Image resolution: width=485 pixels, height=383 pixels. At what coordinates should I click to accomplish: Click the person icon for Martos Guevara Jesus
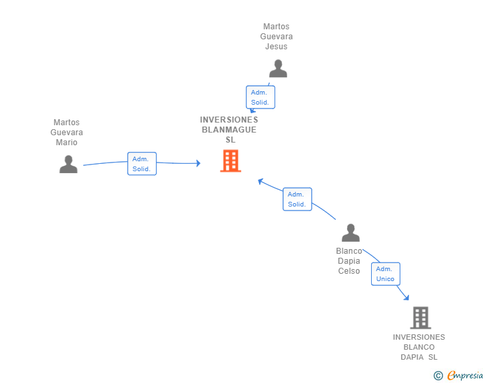coord(278,69)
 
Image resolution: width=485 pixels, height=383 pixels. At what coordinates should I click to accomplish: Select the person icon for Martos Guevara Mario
coord(69,164)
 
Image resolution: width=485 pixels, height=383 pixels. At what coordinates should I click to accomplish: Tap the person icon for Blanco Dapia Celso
coord(350,232)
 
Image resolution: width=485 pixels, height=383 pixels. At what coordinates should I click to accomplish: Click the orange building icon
coord(231,161)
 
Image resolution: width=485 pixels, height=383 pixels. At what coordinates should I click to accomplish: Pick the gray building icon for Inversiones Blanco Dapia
coord(420,318)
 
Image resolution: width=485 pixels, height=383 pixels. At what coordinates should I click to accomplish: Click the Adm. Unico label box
coord(385,274)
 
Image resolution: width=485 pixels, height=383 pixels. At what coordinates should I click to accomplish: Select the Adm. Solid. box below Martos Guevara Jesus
coord(260,97)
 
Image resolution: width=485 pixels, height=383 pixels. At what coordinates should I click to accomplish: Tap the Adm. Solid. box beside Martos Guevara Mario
coord(141,164)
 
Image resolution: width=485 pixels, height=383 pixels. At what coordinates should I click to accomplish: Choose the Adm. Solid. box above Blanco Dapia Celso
coord(297,199)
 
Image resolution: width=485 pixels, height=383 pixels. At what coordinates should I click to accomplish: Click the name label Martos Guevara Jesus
coord(277,37)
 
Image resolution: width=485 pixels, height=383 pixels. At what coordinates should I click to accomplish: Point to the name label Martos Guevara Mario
coord(67,133)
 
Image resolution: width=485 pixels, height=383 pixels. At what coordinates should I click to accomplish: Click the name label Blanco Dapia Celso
coord(349,261)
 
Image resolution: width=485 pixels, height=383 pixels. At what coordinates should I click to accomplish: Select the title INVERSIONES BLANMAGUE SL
coord(229,130)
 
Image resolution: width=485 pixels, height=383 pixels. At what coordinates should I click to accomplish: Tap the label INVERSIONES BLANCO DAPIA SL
coord(419,347)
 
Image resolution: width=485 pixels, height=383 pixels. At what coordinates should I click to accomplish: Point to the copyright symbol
coord(438,376)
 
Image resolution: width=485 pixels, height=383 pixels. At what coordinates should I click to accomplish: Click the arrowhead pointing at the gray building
coord(406,298)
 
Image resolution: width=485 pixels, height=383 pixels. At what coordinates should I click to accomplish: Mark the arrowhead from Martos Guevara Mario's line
coord(197,163)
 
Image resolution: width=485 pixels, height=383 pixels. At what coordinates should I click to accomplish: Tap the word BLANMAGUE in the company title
coord(229,130)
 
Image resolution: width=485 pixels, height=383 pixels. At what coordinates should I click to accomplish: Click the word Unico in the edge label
coord(385,279)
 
